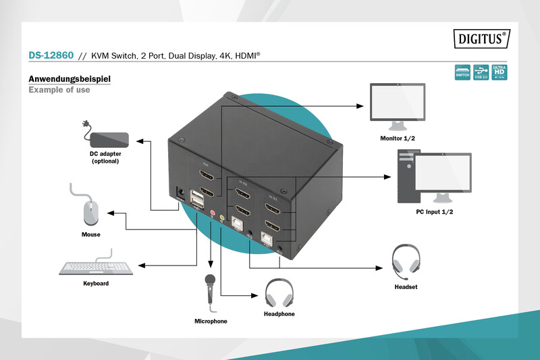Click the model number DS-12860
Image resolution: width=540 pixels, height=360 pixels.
coord(51,55)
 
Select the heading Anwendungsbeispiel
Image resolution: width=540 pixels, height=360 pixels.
coord(69,79)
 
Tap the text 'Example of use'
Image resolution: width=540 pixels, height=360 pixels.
coord(59,90)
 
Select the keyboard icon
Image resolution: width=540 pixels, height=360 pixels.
coord(96,266)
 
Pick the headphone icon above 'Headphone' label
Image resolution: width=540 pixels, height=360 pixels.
coord(279,292)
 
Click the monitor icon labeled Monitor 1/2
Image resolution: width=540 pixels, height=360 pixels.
coord(398,106)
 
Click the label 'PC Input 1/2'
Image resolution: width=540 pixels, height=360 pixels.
coord(434,211)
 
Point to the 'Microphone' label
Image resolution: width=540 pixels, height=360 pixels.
coord(211,321)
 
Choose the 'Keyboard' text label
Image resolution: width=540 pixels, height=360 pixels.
coord(96,284)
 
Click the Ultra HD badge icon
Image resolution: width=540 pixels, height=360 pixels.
coord(500,72)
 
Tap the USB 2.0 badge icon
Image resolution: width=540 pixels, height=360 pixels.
coord(481,72)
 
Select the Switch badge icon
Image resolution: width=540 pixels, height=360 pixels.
coord(462,72)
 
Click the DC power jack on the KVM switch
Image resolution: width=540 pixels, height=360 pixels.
coord(180,193)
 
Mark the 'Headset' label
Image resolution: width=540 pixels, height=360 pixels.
coord(406,287)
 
